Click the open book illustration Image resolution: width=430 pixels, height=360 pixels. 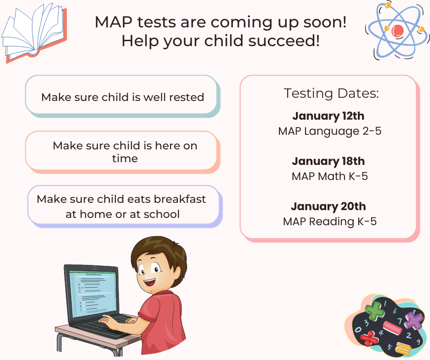pyautogui.click(x=34, y=32)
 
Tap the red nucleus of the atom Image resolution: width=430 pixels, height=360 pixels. pyautogui.click(x=398, y=30)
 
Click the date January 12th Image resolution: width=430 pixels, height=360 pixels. pyautogui.click(x=328, y=116)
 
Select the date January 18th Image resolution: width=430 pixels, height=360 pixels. pyautogui.click(x=328, y=161)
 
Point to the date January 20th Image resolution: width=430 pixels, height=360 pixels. pyautogui.click(x=328, y=206)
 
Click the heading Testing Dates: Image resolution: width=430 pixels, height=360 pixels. pyautogui.click(x=331, y=93)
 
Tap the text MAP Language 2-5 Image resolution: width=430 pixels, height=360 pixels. pyautogui.click(x=330, y=131)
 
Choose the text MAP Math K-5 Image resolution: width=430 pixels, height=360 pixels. pyautogui.click(x=330, y=176)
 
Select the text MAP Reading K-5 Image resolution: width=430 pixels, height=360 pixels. pyautogui.click(x=330, y=222)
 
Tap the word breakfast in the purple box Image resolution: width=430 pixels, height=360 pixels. pyautogui.click(x=180, y=199)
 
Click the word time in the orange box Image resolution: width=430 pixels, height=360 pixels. pyautogui.click(x=125, y=159)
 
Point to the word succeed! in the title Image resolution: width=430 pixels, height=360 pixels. pyautogui.click(x=284, y=41)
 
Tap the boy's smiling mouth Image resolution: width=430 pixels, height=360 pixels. pyautogui.click(x=150, y=282)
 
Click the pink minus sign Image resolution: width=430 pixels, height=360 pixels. pyautogui.click(x=392, y=328)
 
